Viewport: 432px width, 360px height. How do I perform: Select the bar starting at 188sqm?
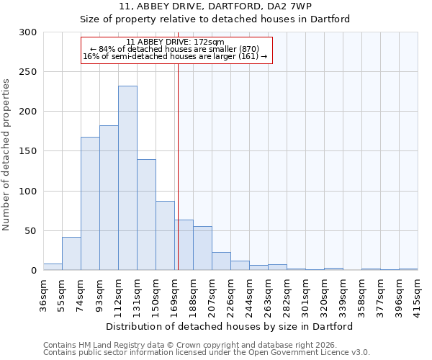point(202,248)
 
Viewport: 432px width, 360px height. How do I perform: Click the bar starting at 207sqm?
point(221,261)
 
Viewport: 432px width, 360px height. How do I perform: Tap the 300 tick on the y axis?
point(28,32)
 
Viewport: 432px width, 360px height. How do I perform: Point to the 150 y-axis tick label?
point(28,151)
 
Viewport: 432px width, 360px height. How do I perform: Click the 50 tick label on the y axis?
point(31,231)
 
